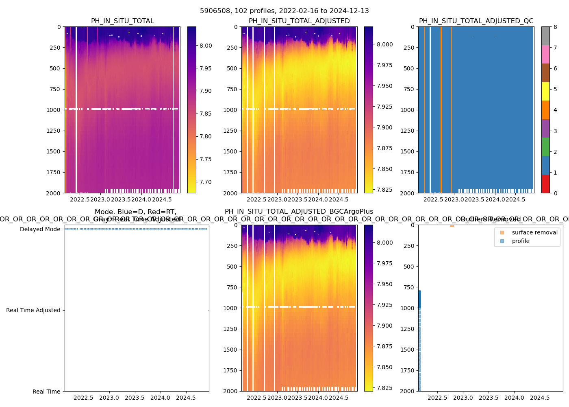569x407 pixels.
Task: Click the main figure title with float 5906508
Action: pyautogui.click(x=284, y=11)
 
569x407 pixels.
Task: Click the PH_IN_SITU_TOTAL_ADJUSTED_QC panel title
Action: pyautogui.click(x=476, y=21)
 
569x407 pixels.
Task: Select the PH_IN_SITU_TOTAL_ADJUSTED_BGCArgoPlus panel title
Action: pyautogui.click(x=299, y=212)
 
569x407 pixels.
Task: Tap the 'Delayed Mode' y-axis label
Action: pyautogui.click(x=40, y=229)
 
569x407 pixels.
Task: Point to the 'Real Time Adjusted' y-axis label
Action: pyautogui.click(x=33, y=310)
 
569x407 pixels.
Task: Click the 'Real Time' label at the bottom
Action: pyautogui.click(x=46, y=392)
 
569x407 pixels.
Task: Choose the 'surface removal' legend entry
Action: pyautogui.click(x=534, y=232)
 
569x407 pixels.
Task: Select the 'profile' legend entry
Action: pyautogui.click(x=521, y=241)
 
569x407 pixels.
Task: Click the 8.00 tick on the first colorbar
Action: pyautogui.click(x=206, y=46)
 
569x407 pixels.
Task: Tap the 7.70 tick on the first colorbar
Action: pyautogui.click(x=206, y=182)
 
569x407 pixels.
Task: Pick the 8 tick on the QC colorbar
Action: pyautogui.click(x=555, y=27)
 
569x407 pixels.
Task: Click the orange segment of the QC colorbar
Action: pyautogui.click(x=545, y=110)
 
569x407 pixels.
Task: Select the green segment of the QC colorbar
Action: pyautogui.click(x=545, y=147)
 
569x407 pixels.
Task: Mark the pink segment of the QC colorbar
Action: pyautogui.click(x=545, y=55)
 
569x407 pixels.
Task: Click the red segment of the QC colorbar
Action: pyautogui.click(x=545, y=184)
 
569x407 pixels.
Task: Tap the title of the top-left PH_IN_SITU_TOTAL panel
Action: pyautogui.click(x=122, y=21)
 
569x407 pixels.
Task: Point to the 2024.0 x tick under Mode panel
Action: pyautogui.click(x=161, y=398)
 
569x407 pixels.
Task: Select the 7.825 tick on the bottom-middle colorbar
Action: pyautogui.click(x=384, y=388)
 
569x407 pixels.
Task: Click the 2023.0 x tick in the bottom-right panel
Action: pyautogui.click(x=463, y=398)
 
